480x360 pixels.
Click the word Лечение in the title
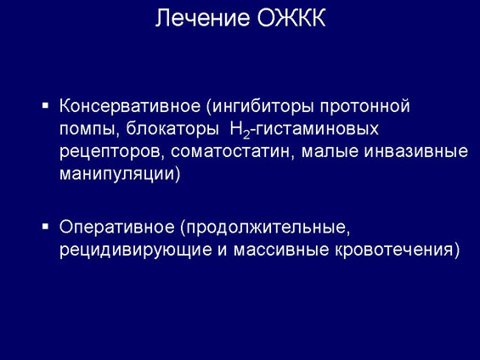pos(203,18)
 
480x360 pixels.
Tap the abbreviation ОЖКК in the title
pos(291,18)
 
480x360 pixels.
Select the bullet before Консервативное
pos(46,106)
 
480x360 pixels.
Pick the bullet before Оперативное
pos(46,227)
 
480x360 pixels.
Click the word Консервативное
pos(130,106)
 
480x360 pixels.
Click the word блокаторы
pos(172,128)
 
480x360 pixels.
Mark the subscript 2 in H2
pos(246,135)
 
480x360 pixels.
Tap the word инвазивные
pos(415,152)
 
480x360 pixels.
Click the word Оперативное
pos(117,228)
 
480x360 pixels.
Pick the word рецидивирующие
pos(136,250)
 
